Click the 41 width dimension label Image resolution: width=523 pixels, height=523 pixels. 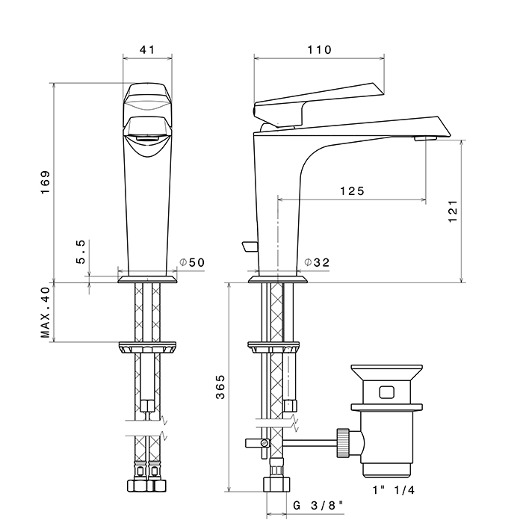[x=147, y=50]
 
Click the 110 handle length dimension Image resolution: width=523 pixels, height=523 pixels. [x=319, y=50]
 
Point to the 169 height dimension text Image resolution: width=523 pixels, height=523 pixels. [x=45, y=182]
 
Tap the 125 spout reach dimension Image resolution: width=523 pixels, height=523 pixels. [x=352, y=191]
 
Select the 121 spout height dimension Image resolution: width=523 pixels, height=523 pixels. [x=453, y=211]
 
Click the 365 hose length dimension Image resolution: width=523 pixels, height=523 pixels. [x=220, y=387]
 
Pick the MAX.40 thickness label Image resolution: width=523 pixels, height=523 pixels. [x=45, y=312]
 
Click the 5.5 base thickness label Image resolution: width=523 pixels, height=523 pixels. [x=81, y=252]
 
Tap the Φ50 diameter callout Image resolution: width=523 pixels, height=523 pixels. [x=192, y=262]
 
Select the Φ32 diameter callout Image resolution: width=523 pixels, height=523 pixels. [x=317, y=262]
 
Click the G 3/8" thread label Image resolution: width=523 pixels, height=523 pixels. [x=318, y=506]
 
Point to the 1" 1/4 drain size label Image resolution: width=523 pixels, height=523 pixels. [x=394, y=490]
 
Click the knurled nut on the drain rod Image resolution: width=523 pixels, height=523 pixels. [x=343, y=442]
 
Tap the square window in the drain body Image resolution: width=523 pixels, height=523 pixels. [x=387, y=392]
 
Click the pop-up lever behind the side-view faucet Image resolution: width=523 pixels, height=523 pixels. [x=250, y=247]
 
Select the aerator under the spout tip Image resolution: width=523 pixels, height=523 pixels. [x=426, y=138]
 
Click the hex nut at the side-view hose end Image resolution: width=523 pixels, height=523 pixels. [x=276, y=484]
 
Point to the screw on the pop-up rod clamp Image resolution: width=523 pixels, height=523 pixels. [x=265, y=443]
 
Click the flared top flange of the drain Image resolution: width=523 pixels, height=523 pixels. [x=387, y=372]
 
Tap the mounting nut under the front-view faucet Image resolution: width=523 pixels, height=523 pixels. [x=147, y=347]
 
